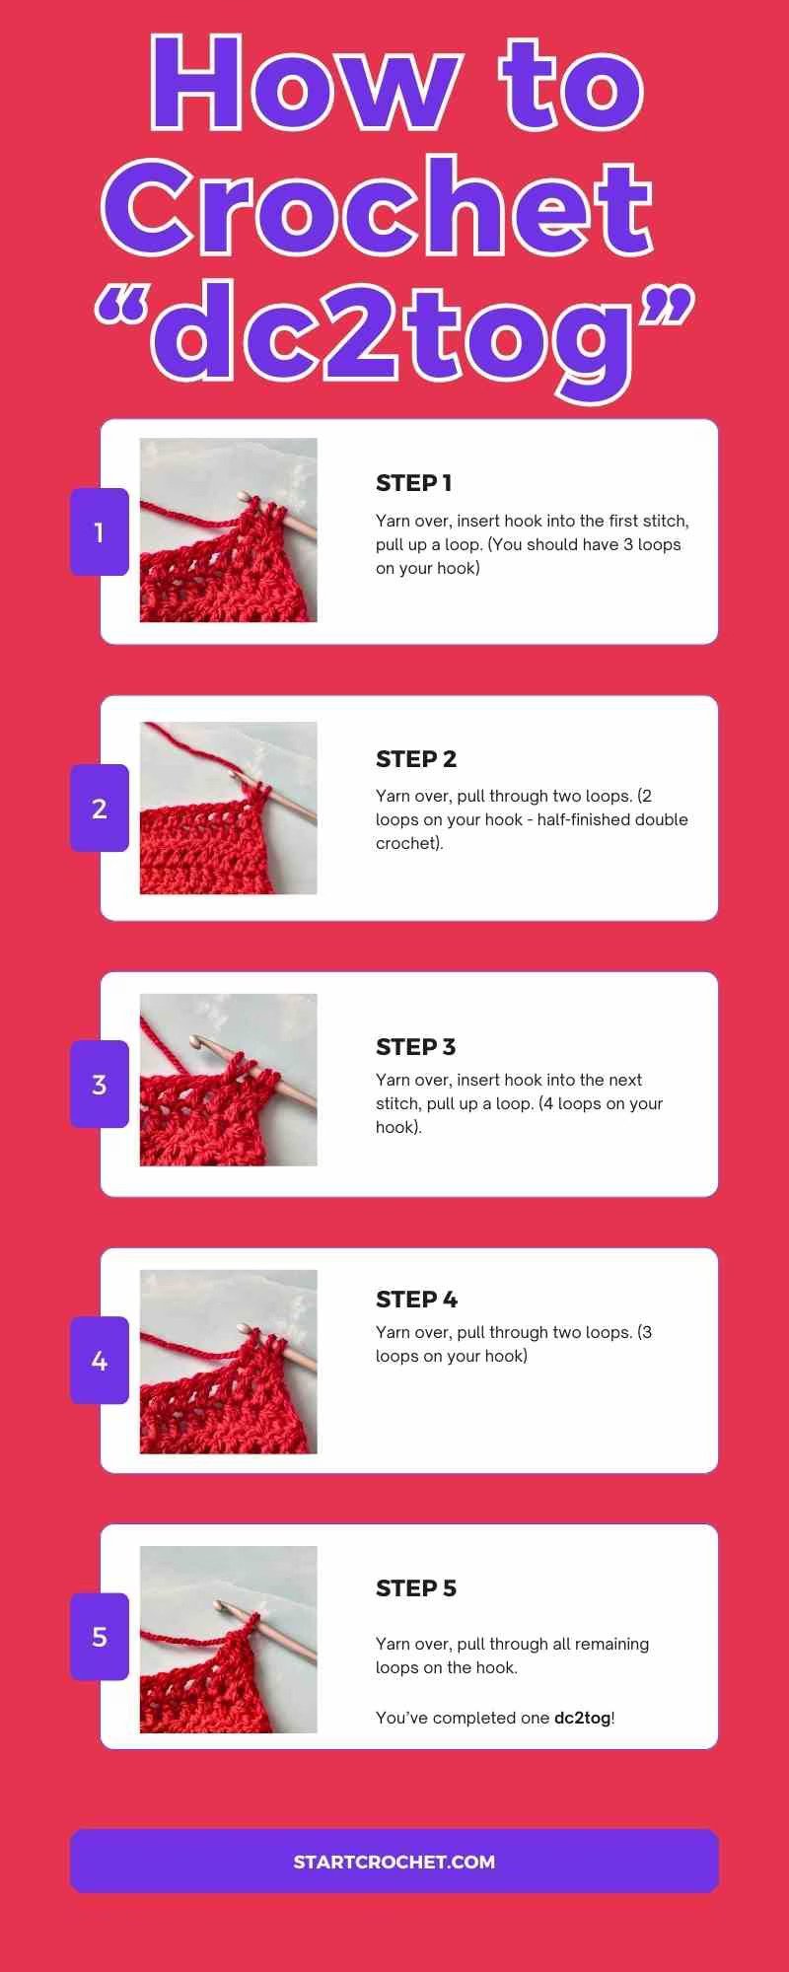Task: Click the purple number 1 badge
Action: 99,532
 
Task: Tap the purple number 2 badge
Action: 99,809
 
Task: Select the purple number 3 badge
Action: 99,1085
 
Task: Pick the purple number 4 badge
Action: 99,1361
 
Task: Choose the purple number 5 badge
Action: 99,1637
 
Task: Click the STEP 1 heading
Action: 413,483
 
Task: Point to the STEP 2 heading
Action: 416,759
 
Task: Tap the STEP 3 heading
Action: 415,1047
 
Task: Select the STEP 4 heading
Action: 416,1300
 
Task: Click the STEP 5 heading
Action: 416,1588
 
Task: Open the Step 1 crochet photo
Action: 228,529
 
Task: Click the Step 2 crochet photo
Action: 228,808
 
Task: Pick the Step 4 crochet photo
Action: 228,1362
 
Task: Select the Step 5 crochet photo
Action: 228,1639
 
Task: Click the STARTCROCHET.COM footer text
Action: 394,1862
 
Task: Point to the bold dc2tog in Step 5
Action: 582,1718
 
